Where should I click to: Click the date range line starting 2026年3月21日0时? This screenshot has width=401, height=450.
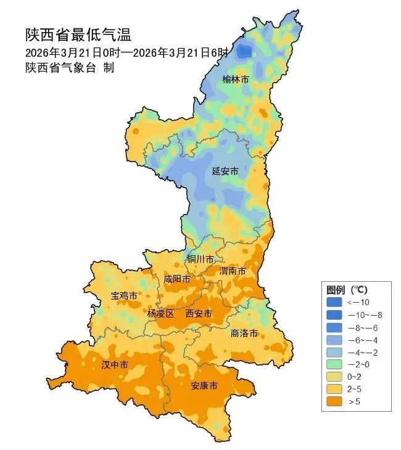coord(127,52)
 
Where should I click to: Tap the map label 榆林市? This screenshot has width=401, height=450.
coord(236,80)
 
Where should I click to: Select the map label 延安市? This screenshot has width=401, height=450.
coord(225,171)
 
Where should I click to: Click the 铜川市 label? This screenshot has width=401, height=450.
coord(201,259)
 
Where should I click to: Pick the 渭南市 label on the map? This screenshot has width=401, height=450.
coord(233,271)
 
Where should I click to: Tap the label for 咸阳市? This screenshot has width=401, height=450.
coord(176,279)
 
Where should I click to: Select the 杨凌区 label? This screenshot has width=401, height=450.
coord(160,313)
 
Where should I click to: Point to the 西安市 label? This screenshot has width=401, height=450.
coord(199,313)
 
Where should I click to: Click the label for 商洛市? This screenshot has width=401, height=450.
coord(244,333)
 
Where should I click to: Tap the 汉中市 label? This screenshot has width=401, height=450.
coord(115,365)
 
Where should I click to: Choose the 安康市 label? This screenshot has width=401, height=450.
coord(204,386)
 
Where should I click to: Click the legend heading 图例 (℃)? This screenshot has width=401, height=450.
coord(347,289)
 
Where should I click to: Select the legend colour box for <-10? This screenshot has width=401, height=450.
coord(334,302)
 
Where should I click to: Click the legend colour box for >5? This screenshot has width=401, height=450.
coord(334,402)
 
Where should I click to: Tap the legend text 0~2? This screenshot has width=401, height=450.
coord(355,377)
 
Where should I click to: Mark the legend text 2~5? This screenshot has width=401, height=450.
coord(355,389)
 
